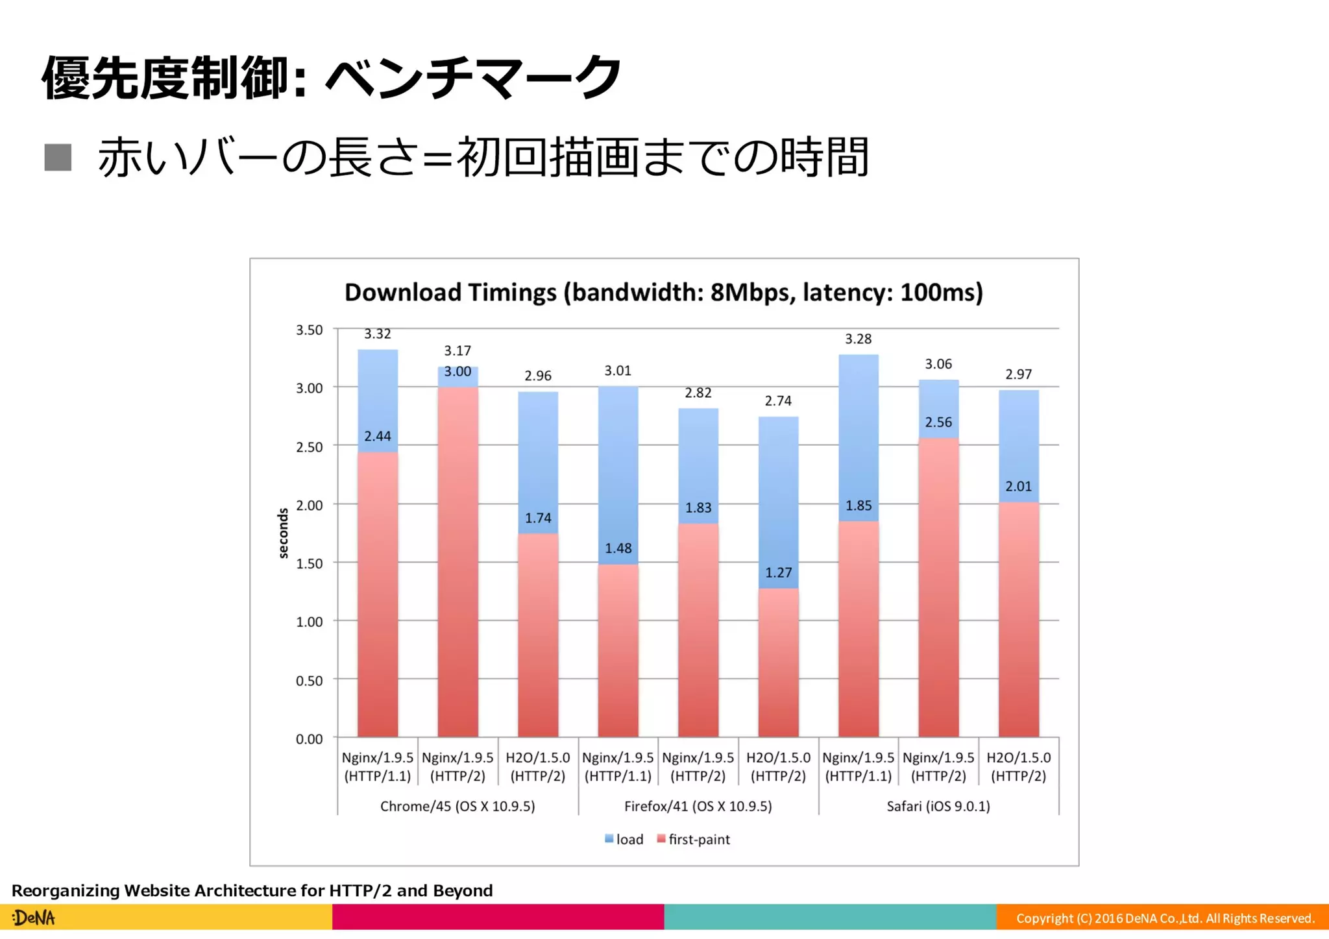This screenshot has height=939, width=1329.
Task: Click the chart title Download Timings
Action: tap(663, 292)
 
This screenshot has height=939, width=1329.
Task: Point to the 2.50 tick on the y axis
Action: tap(309, 447)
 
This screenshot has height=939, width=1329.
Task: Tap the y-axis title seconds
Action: tap(283, 533)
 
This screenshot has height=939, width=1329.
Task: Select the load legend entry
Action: tap(624, 839)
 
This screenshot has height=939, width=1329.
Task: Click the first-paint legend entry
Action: tap(693, 839)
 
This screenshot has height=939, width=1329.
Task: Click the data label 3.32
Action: tap(377, 334)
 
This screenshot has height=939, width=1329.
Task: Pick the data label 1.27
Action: tap(778, 572)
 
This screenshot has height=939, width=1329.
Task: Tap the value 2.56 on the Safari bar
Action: tap(938, 422)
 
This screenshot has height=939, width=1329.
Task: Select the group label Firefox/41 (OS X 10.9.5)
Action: tap(698, 806)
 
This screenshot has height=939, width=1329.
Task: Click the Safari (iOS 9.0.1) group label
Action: tap(938, 806)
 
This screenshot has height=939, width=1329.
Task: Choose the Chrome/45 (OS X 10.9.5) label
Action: tap(457, 806)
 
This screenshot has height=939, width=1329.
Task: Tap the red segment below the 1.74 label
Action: tap(538, 636)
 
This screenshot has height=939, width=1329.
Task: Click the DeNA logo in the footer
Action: tap(34, 918)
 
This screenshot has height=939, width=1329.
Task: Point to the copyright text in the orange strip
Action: tap(1165, 918)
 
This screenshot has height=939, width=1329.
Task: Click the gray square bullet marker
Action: tap(58, 158)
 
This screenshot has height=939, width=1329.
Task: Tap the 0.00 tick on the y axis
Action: tap(309, 739)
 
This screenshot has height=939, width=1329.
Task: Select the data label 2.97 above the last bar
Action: tap(1018, 374)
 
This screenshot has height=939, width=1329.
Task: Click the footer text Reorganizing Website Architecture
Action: tap(252, 890)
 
